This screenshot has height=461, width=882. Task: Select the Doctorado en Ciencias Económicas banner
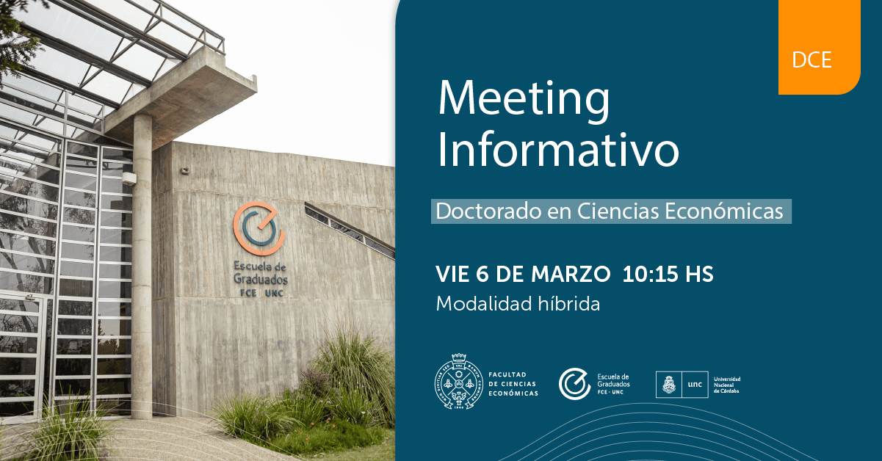tap(610, 211)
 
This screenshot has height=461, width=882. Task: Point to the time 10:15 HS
tap(668, 275)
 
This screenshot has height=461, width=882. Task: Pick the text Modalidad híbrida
tap(518, 303)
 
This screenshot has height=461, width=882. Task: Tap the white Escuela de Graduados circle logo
tap(574, 384)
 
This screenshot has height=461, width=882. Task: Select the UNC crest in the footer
tap(669, 384)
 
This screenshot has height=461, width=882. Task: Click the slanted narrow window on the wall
tap(349, 230)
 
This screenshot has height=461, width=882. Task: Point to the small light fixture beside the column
tap(129, 178)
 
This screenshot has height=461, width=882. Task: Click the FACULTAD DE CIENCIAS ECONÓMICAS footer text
tap(513, 384)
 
